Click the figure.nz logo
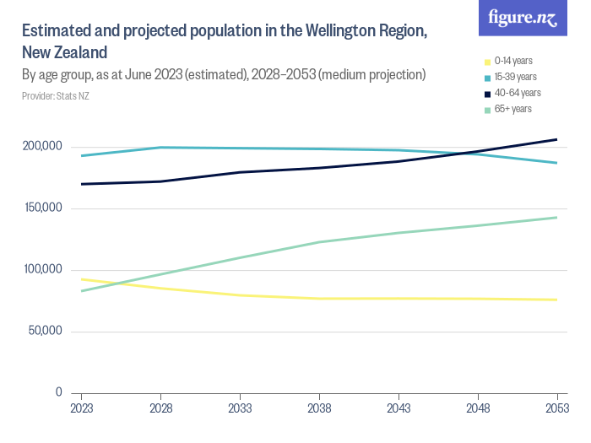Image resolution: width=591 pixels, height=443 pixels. [523, 19]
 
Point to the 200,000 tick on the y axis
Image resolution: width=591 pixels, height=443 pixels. [42, 147]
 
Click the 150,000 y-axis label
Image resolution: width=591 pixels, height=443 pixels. [42, 208]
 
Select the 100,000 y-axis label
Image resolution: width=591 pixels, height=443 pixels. [42, 270]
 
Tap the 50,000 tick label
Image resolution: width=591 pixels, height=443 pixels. [45, 331]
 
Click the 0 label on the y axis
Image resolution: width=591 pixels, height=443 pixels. [58, 392]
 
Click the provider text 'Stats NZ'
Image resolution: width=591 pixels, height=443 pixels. [72, 96]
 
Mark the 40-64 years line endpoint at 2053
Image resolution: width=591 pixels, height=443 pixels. [556, 139]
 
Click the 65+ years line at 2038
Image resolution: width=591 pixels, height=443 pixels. [319, 242]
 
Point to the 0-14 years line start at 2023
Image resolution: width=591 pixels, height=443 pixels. [81, 279]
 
